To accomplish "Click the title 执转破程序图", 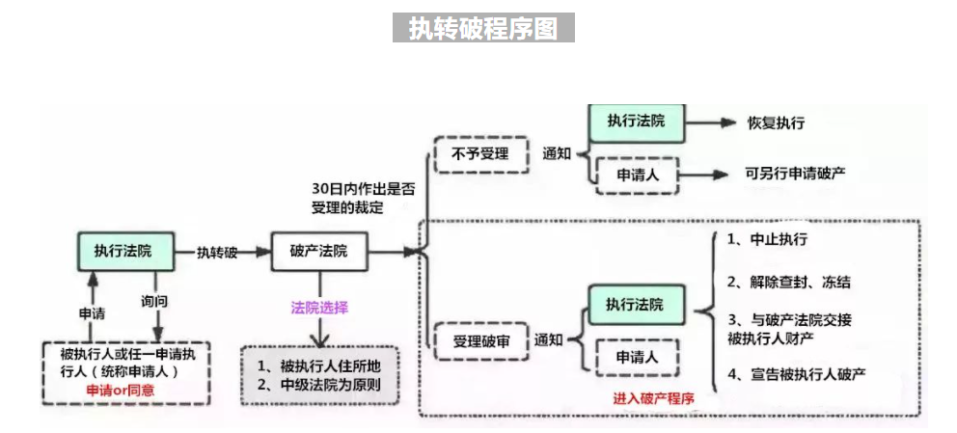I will (482, 28).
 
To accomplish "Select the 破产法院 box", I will (318, 252).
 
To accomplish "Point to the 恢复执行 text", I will (776, 123).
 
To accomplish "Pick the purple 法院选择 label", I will (319, 308).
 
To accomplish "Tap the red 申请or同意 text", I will (121, 391).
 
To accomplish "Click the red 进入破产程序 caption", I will (653, 397).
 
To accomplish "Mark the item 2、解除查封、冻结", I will (789, 283).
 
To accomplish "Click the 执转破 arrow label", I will (217, 252).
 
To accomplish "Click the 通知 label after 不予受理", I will (558, 153).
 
